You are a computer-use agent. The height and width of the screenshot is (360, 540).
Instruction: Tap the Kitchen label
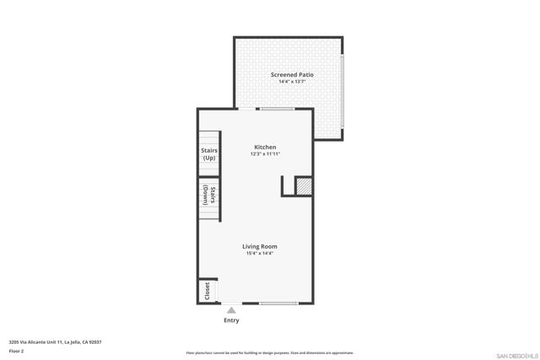(x=265, y=147)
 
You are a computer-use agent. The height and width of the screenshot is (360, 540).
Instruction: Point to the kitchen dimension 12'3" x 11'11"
(x=265, y=154)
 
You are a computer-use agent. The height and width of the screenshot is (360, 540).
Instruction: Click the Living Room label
(x=261, y=246)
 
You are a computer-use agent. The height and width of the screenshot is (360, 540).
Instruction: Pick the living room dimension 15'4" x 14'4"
(x=261, y=254)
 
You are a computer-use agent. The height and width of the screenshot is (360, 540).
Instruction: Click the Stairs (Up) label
(x=209, y=154)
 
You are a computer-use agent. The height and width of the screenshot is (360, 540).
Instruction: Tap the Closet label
(x=207, y=291)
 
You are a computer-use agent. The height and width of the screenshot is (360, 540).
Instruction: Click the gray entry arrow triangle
(x=231, y=310)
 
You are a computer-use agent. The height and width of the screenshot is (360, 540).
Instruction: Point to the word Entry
(x=231, y=320)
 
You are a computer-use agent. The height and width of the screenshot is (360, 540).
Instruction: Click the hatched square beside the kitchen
(x=304, y=186)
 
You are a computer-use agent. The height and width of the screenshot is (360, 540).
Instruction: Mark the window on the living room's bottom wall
(x=278, y=303)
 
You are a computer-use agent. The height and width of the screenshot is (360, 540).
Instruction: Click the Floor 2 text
(x=16, y=351)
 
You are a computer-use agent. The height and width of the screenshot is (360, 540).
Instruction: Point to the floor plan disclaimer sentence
(x=270, y=353)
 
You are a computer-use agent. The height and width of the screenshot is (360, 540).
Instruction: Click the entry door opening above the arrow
(x=230, y=303)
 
